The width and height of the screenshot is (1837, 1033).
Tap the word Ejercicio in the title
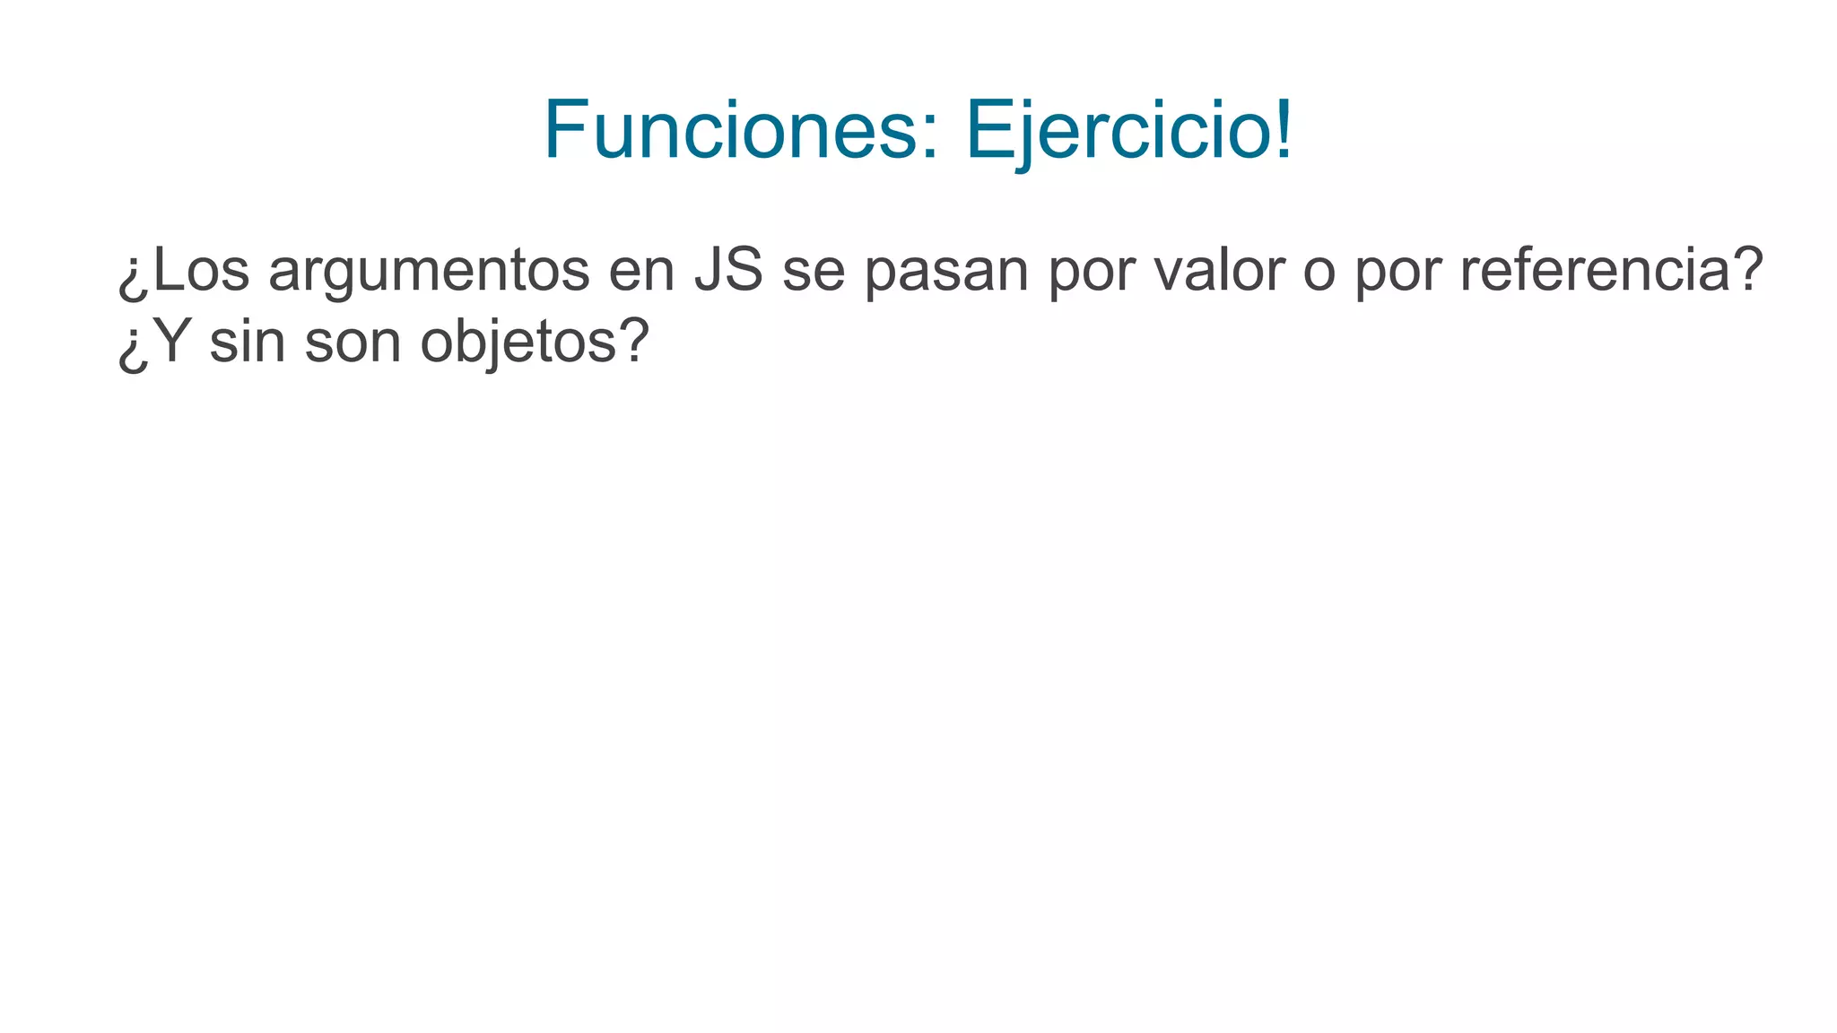(x=1117, y=131)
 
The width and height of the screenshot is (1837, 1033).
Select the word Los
(x=199, y=270)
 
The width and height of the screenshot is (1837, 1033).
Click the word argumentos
(x=429, y=272)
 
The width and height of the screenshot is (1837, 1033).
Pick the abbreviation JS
(x=728, y=270)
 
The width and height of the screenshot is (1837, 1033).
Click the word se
(x=814, y=272)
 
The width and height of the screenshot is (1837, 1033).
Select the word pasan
(x=945, y=272)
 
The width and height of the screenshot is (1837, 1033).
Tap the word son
(x=353, y=343)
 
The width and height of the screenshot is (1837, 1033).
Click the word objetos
(x=518, y=343)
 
